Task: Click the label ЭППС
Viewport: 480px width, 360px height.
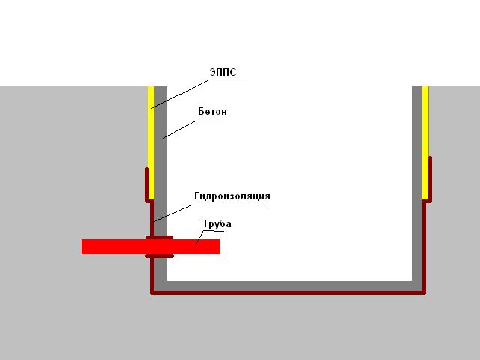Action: pos(223,72)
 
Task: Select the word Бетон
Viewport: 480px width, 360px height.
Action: pos(213,111)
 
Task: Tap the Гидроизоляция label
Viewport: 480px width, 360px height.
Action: pos(232,196)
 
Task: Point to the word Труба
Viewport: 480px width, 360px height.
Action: pos(217,223)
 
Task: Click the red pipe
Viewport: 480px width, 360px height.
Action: pos(151,247)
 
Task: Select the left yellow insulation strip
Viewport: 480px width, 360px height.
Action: pos(151,142)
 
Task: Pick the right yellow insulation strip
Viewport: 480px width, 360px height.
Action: pos(425,142)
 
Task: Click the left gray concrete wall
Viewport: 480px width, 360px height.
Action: pos(160,184)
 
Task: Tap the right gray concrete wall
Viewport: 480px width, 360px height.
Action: pos(417,184)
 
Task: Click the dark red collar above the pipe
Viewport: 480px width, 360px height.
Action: pos(159,237)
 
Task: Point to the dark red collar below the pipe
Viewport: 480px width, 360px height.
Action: pos(159,256)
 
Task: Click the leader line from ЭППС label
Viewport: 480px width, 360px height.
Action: pos(198,94)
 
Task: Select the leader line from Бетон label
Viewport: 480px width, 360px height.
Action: pos(195,130)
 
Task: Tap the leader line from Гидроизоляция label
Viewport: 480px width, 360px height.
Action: pos(210,213)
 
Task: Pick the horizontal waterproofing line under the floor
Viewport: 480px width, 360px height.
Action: pos(288,292)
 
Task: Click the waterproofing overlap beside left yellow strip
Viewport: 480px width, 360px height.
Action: pos(146,185)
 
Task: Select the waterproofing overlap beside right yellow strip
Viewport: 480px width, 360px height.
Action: pos(430,180)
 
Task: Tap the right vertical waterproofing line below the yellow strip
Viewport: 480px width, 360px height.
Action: pos(424,247)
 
